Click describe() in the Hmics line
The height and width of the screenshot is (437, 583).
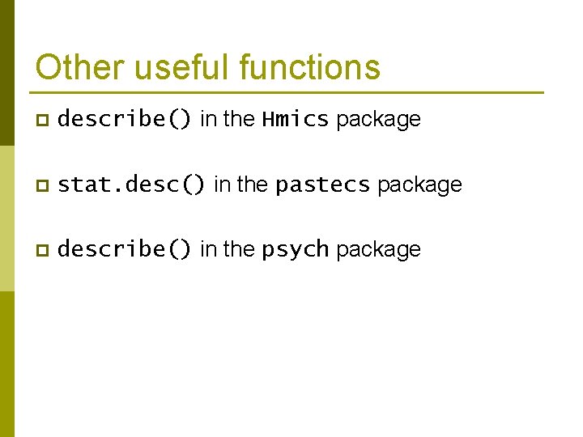[125, 120]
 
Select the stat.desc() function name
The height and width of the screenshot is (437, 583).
[132, 185]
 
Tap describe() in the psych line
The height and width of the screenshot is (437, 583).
[125, 250]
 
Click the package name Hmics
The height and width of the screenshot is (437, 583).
[295, 120]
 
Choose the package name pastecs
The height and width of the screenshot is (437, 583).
[322, 185]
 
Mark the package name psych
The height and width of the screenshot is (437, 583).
[295, 250]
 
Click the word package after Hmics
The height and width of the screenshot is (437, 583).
[378, 120]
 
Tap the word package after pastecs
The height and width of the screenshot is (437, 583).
[419, 185]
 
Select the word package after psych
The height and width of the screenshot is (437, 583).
[378, 250]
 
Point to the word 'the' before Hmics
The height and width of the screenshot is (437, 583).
[239, 120]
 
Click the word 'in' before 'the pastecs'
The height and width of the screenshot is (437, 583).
[221, 185]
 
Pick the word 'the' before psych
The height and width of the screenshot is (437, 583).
[239, 250]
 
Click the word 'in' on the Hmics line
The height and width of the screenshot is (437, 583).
[207, 120]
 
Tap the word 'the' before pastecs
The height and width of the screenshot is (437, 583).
[253, 185]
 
